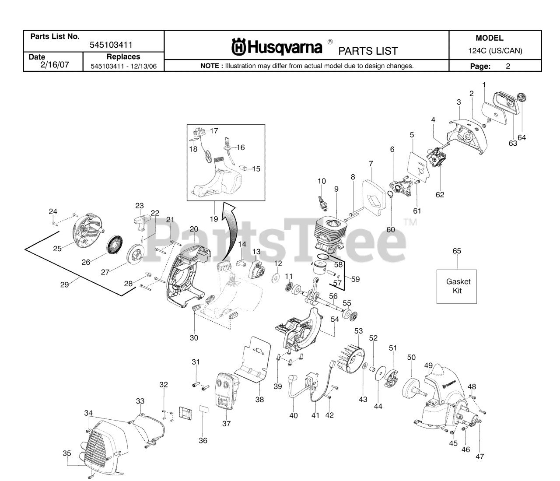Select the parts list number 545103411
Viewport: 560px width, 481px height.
pos(111,45)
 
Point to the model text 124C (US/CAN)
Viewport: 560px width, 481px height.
pos(495,51)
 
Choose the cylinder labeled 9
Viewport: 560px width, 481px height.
pos(331,234)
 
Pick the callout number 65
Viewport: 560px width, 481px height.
pos(457,251)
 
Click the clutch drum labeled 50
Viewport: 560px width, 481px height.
pos(413,388)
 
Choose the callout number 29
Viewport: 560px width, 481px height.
pos(64,285)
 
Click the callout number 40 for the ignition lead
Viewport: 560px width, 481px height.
pos(294,415)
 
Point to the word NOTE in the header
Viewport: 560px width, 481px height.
pos(212,66)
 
